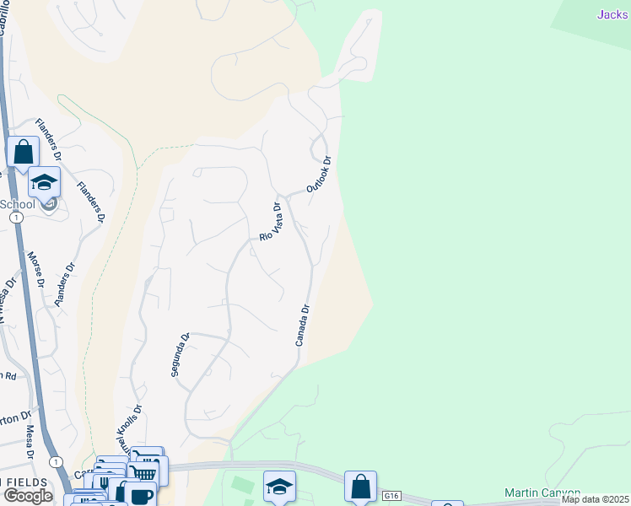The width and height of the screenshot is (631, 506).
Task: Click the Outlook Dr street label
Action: [319, 175]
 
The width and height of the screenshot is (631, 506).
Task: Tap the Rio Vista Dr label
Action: [269, 222]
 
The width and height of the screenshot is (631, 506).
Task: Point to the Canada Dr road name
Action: [304, 326]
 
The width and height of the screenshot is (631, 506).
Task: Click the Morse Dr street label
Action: [35, 269]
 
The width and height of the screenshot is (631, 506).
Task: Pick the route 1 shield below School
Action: [16, 217]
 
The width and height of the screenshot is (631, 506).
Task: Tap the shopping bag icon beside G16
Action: [361, 487]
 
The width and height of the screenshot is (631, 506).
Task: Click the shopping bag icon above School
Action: [23, 153]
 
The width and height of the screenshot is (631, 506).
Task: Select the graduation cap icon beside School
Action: [44, 182]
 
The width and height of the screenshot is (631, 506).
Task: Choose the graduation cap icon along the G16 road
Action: [279, 486]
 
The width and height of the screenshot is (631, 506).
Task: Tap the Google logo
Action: [28, 496]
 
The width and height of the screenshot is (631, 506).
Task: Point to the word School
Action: [18, 204]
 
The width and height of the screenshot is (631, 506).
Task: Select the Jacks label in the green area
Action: [613, 13]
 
